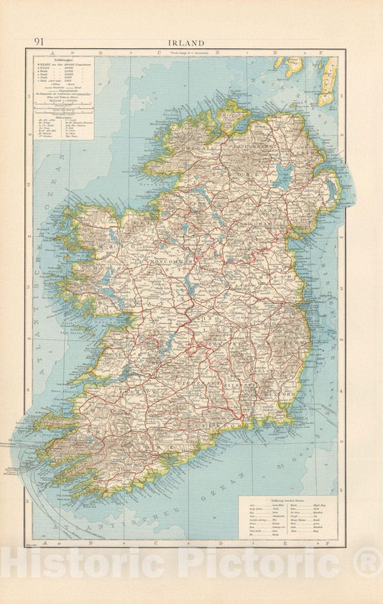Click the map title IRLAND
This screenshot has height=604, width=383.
coord(186,43)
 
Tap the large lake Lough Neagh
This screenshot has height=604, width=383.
coord(282,175)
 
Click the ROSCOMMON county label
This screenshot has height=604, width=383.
coord(170,262)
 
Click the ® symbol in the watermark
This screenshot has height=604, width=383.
coord(369,561)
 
